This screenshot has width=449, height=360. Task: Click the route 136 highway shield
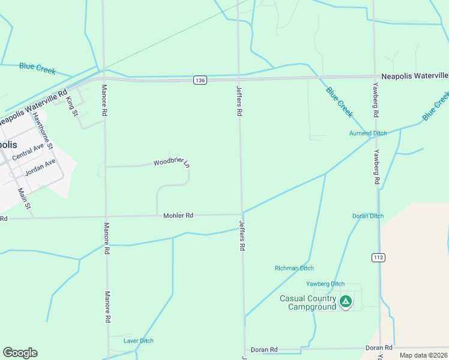pos(200,80)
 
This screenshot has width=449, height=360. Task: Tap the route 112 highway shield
pos(378,257)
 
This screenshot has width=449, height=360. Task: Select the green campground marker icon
pos(345,301)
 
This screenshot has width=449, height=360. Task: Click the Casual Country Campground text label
pos(308,303)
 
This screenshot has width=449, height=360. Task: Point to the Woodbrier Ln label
pos(172,163)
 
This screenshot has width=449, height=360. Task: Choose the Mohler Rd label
pos(178,215)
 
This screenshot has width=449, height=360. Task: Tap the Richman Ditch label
pos(294,268)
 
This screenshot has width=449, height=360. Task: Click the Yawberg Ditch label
pos(325,284)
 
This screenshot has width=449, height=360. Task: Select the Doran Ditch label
pos(367,216)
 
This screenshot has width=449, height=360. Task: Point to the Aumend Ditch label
pos(369,133)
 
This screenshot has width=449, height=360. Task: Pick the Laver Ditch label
pos(139,341)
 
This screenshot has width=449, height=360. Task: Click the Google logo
pos(20,353)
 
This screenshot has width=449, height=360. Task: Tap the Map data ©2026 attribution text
pos(424,355)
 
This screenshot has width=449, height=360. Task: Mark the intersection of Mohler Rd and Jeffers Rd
pos(242,214)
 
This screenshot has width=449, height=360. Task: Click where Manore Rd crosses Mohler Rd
pos(106,217)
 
